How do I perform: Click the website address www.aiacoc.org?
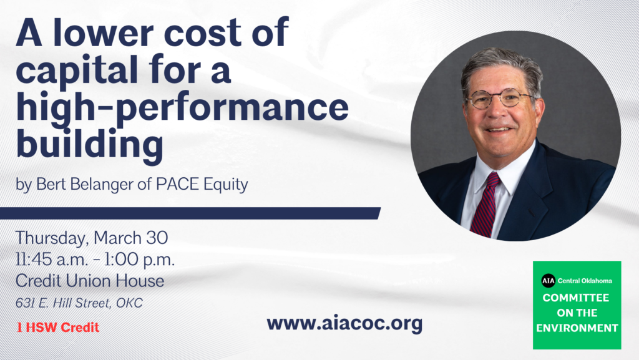344,324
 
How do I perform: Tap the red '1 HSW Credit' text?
58,328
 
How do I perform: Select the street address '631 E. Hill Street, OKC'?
79,303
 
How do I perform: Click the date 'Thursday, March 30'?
92,238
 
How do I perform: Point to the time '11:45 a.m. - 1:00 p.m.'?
95,260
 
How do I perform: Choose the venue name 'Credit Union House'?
90,281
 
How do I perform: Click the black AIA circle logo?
548,281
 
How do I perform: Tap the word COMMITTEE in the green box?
576,298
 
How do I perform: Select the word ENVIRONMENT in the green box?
577,328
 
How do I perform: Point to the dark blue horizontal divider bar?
190,213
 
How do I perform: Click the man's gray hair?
502,65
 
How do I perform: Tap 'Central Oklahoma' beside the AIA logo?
585,281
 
